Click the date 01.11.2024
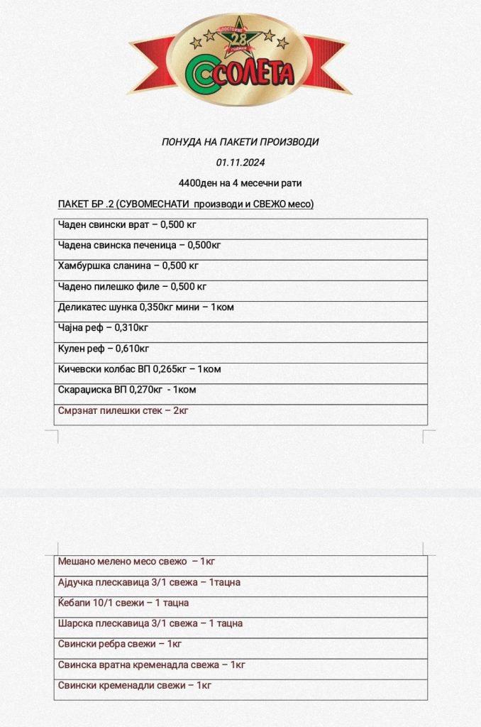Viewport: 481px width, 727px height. [240, 163]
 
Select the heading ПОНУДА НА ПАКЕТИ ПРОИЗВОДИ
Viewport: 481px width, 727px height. [240, 142]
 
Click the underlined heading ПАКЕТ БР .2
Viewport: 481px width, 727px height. [186, 204]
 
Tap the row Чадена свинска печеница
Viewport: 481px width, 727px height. [136, 246]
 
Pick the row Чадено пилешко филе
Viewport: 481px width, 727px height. [133, 287]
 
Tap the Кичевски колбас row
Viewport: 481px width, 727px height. [140, 369]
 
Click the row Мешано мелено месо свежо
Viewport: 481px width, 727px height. [136, 562]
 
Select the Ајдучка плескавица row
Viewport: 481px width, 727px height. [149, 582]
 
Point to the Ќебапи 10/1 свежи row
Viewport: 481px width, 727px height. [123, 603]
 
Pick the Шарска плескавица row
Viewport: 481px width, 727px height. [150, 623]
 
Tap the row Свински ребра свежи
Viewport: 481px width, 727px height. [121, 644]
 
